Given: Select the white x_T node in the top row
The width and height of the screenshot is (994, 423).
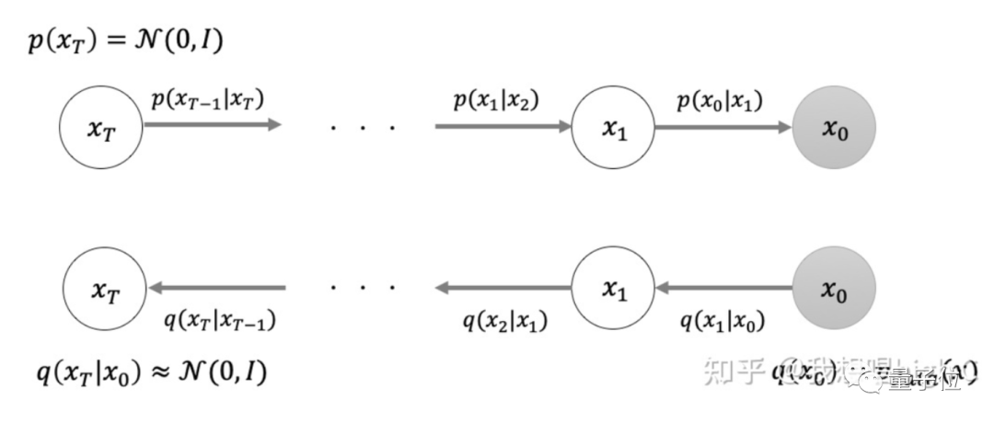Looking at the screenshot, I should (x=100, y=128).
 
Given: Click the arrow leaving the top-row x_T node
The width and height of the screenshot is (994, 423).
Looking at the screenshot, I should (x=212, y=125).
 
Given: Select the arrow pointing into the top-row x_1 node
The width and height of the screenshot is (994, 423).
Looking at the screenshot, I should (x=503, y=126).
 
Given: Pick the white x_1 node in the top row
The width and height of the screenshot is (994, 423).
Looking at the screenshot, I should (x=613, y=128).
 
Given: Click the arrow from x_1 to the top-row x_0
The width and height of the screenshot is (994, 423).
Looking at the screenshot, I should (x=722, y=126).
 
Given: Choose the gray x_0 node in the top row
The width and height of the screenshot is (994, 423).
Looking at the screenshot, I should (x=833, y=128).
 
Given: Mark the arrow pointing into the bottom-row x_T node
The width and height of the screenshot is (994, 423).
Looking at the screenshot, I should (x=217, y=288).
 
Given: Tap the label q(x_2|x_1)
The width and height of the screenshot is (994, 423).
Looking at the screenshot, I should (x=503, y=321).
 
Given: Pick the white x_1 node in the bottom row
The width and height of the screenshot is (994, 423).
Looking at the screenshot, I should (x=613, y=289).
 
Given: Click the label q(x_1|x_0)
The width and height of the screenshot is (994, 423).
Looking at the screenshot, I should (x=722, y=321).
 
